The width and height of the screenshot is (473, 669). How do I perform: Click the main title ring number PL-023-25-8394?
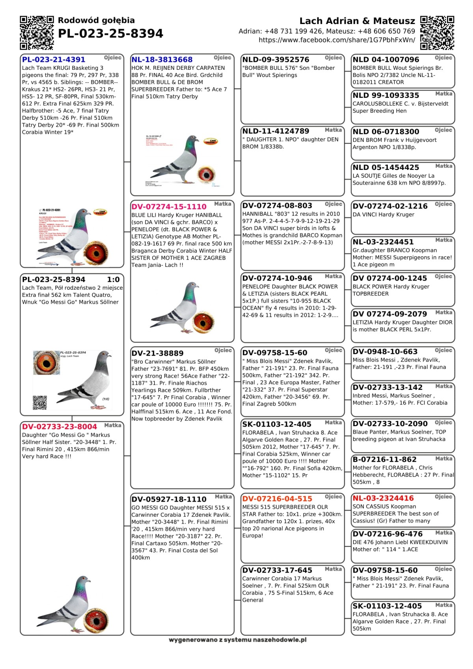pos(110,34)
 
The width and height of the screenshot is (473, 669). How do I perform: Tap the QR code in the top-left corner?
pos(37,33)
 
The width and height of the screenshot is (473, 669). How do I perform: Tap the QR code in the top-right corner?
pos(437,33)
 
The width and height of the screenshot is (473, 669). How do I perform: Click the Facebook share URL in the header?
pos(337,40)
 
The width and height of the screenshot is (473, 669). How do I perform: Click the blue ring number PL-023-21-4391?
pos(54,60)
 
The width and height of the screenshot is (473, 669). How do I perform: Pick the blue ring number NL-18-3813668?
pos(162,60)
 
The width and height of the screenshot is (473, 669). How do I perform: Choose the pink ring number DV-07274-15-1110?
pos(169,207)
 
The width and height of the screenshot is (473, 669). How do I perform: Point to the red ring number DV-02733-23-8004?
pos(60,427)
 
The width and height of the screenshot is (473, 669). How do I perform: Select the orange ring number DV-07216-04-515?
pos(277,499)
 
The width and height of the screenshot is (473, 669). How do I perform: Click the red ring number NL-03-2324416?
pos(383,498)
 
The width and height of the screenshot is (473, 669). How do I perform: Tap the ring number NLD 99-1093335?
pos(386,95)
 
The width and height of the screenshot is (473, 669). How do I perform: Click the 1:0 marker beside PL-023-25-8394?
pos(114,280)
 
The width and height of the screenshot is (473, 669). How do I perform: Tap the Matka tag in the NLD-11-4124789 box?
pos(333,130)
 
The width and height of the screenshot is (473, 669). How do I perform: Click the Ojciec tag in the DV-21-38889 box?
pos(223,350)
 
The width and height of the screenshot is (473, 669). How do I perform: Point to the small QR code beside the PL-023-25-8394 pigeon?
pos(40,403)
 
